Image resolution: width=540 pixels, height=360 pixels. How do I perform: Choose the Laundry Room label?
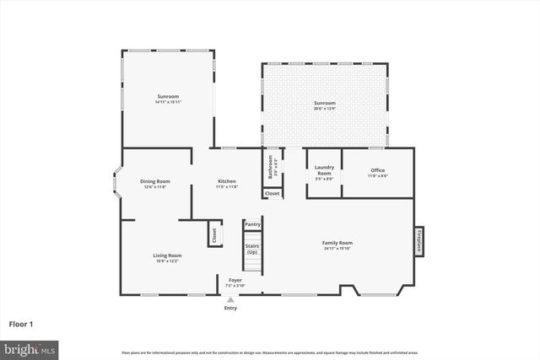(324, 173)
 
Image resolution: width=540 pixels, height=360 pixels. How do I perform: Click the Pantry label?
(252, 224)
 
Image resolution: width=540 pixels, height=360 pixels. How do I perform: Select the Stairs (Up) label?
(252, 250)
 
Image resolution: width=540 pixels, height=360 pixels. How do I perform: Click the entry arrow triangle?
(230, 299)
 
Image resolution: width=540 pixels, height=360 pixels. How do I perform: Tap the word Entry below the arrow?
(230, 308)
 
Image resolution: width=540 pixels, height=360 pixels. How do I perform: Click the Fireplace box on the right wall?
(418, 239)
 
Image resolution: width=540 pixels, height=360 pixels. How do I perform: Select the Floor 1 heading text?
(22, 323)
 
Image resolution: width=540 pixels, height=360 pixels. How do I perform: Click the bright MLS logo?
(30, 348)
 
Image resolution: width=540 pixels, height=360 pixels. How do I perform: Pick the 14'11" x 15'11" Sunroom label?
(168, 99)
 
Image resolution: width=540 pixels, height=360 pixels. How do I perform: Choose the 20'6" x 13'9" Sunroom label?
(325, 105)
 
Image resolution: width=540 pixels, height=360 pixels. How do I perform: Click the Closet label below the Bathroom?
(272, 193)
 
